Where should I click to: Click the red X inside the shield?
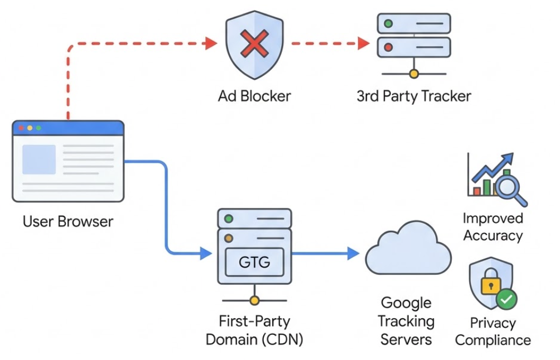(254, 43)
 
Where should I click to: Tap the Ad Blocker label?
(254, 96)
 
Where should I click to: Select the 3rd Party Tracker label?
(413, 96)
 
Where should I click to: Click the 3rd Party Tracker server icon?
(413, 36)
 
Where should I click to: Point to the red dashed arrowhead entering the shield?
(211, 43)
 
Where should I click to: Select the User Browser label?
(67, 221)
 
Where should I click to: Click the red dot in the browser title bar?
(21, 128)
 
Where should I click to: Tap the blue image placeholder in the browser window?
(38, 159)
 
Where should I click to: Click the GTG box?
(254, 261)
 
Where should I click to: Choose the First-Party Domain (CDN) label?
(254, 330)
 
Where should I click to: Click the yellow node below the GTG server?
(254, 301)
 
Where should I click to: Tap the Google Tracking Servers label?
(407, 321)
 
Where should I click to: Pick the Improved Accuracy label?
(493, 227)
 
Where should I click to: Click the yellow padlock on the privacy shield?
(490, 284)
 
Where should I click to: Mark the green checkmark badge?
(506, 299)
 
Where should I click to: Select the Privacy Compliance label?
(493, 332)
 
